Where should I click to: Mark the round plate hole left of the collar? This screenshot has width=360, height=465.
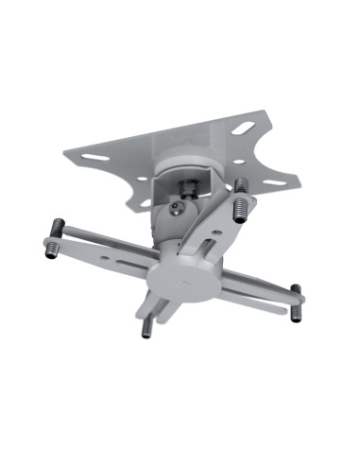(142, 177)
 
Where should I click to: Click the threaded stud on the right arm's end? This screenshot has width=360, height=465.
(297, 301)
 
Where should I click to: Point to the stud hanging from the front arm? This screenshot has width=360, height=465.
(146, 326)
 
